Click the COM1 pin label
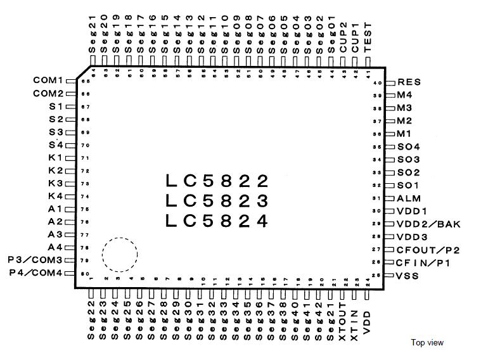(49, 80)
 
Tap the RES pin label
(409, 82)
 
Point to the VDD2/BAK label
(429, 224)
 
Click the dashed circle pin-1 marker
(119, 256)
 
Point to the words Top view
(427, 343)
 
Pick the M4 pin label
(405, 95)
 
